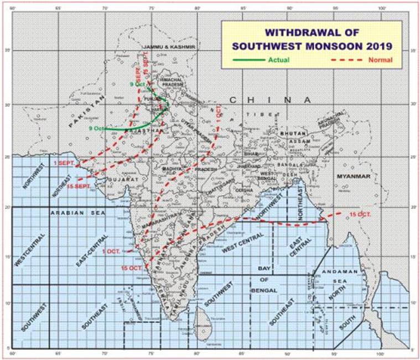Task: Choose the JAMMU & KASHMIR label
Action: (169, 48)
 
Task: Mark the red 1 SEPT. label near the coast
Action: (65, 164)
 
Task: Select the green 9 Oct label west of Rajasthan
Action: (96, 128)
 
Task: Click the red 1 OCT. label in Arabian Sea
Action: (111, 252)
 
